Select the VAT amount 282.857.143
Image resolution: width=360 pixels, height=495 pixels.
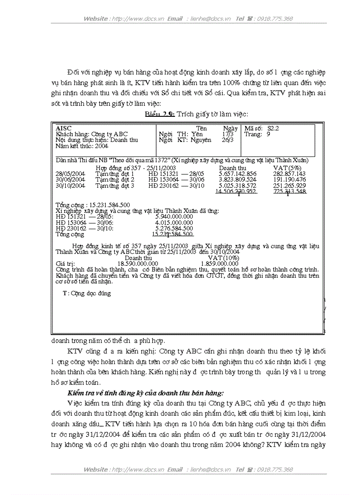click(x=289, y=174)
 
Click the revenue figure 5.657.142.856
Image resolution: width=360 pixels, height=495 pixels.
click(x=237, y=174)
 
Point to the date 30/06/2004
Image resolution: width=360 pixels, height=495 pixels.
click(x=70, y=179)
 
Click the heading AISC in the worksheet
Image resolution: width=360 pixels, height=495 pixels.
click(x=64, y=128)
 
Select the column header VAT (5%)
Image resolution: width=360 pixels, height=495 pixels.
click(x=287, y=168)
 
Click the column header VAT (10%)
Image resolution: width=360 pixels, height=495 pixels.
click(x=223, y=258)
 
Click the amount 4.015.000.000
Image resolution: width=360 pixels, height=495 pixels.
click(x=174, y=223)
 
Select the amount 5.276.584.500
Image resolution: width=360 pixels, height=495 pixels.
click(x=174, y=228)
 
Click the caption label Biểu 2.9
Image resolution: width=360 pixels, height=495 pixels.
click(x=160, y=114)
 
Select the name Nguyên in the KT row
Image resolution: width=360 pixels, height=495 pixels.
click(x=201, y=140)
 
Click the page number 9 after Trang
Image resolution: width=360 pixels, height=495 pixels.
click(x=268, y=134)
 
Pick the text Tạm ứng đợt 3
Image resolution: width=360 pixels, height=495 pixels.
click(x=115, y=186)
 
